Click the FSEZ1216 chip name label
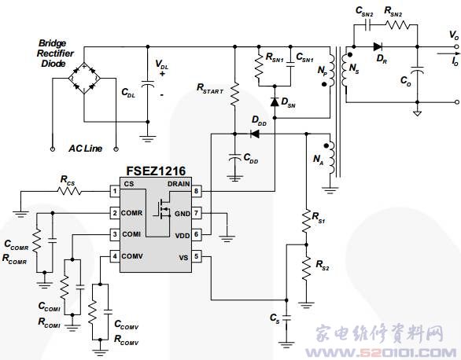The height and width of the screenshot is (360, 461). tap(156, 171)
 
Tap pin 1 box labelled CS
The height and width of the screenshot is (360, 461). tap(115, 191)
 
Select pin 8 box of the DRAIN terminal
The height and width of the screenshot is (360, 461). tap(197, 191)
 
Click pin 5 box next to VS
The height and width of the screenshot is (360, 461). tap(197, 256)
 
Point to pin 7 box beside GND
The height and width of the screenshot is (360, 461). tap(197, 213)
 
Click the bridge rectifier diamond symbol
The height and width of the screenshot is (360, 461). tap(84, 79)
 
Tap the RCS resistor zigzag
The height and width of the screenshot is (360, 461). tap(69, 191)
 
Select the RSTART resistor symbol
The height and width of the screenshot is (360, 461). tap(234, 94)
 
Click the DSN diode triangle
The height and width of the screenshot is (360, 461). tap(275, 102)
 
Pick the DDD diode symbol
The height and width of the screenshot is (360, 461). tap(254, 134)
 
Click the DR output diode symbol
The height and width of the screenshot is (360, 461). tap(378, 46)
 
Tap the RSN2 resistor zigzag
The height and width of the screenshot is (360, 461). tap(397, 25)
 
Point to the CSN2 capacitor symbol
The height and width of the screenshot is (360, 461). tap(367, 25)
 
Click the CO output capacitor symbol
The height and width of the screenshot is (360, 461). tap(417, 70)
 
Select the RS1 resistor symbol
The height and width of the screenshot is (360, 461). tap(306, 221)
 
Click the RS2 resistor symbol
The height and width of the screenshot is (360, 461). tap(306, 268)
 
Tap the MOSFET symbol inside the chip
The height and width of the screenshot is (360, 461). tap(162, 209)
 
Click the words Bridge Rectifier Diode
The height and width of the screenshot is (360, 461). tap(55, 53)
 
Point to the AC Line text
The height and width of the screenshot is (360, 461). tap(85, 149)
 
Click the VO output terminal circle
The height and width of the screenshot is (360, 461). tap(456, 46)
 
